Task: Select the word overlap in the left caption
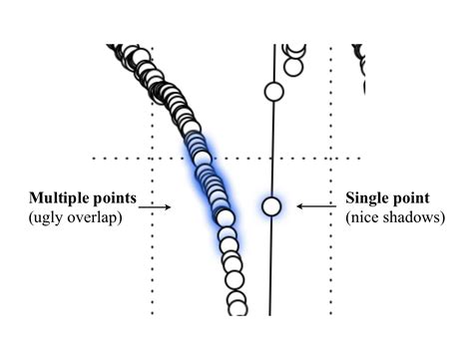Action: (x=96, y=216)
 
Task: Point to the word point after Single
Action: (x=417, y=197)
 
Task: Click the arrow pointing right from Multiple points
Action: (x=155, y=206)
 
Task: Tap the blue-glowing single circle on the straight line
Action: (x=270, y=206)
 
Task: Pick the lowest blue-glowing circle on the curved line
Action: (x=225, y=216)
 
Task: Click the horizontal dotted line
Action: (x=120, y=158)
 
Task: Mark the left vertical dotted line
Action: (x=152, y=259)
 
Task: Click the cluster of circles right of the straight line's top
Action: (x=293, y=58)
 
